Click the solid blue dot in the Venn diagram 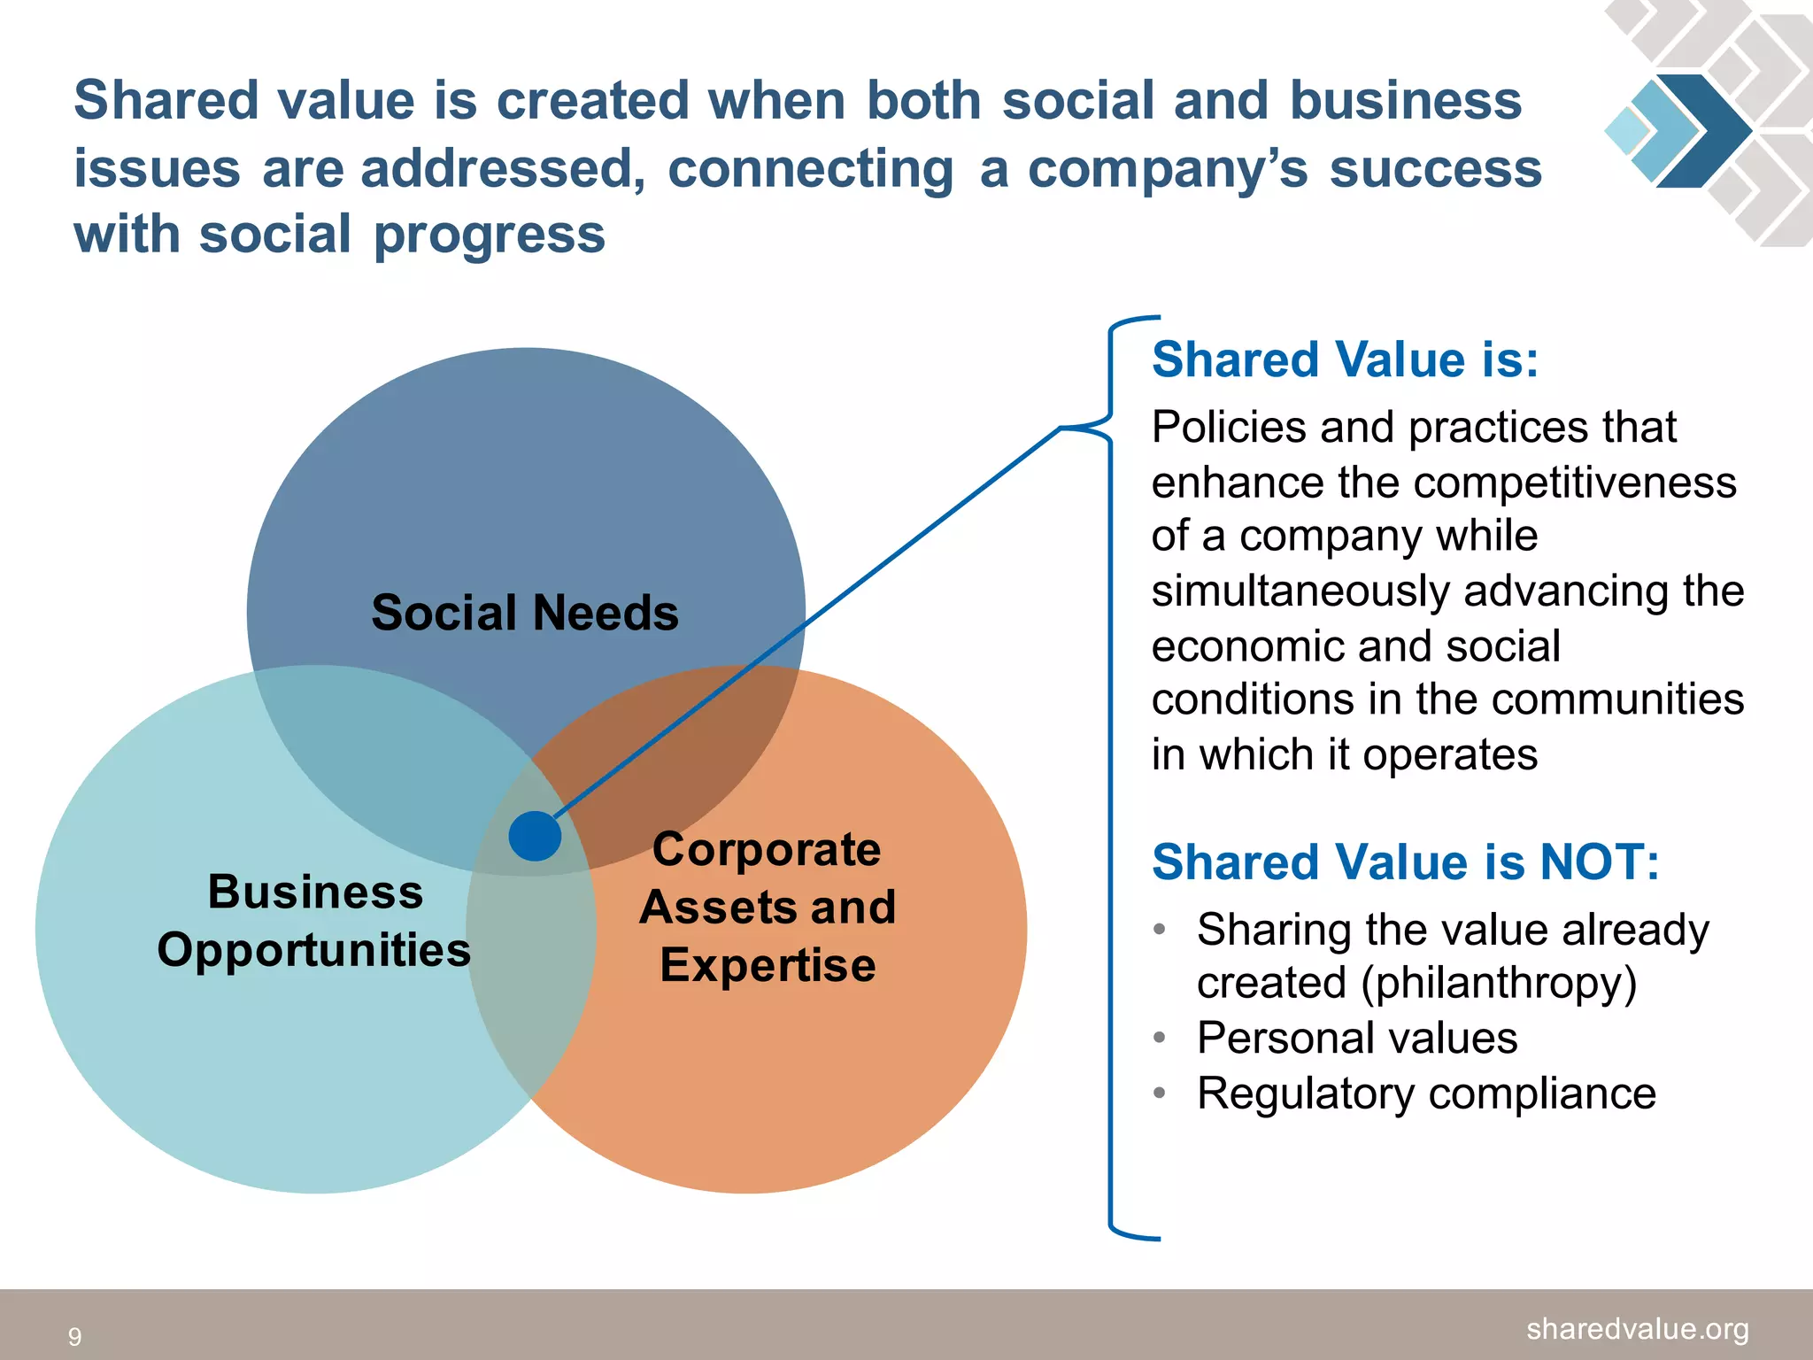click(x=535, y=836)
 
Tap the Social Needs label click(x=525, y=613)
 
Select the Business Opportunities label click(x=314, y=921)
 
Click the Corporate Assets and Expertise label click(x=768, y=907)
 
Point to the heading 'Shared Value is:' click(x=1345, y=359)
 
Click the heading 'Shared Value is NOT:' click(x=1406, y=862)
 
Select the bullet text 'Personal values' click(x=1357, y=1038)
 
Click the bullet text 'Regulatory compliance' click(x=1426, y=1093)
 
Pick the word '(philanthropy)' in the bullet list click(x=1500, y=983)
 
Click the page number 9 click(x=75, y=1336)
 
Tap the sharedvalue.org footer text click(x=1638, y=1329)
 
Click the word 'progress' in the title click(x=490, y=236)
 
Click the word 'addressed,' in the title click(x=503, y=168)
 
